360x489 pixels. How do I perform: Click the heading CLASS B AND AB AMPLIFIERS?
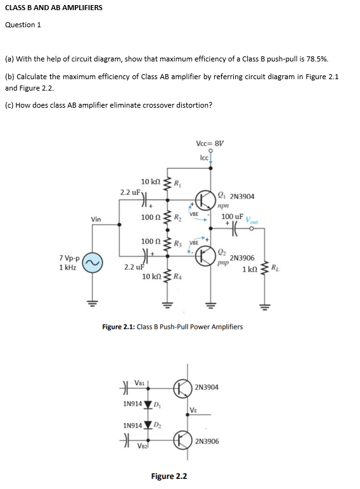click(53, 8)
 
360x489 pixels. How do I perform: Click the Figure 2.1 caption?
click(172, 327)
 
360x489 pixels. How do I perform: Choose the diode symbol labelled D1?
click(149, 404)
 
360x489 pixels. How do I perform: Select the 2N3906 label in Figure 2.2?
click(208, 441)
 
